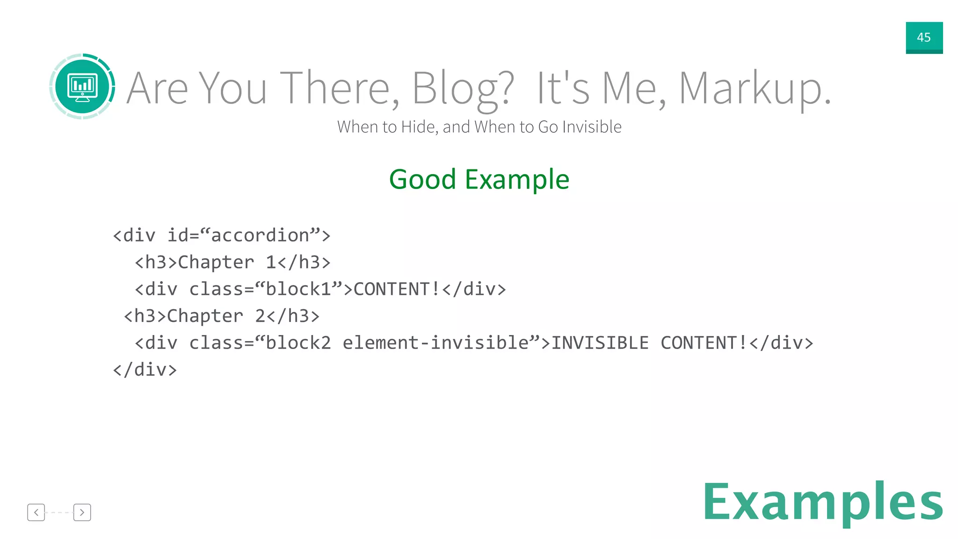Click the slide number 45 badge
[x=924, y=37]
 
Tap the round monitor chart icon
[x=82, y=87]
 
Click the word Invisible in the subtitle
[x=592, y=127]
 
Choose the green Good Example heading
[x=479, y=180]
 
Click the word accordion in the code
[x=260, y=235]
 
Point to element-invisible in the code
[x=435, y=343]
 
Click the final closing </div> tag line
[x=145, y=370]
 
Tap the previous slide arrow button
[x=36, y=512]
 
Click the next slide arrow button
[x=82, y=512]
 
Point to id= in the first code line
[x=183, y=235]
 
